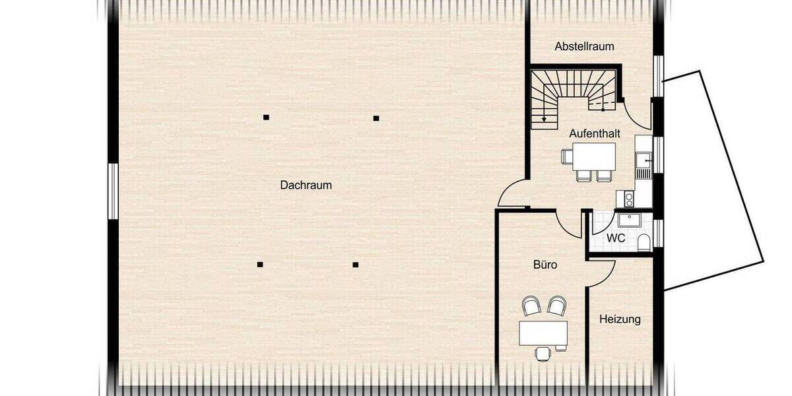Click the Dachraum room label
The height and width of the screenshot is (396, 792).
[x=306, y=185]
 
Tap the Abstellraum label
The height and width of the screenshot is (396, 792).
[x=584, y=46]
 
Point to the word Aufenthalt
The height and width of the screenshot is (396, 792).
[x=595, y=133]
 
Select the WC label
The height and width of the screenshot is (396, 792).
[x=616, y=238]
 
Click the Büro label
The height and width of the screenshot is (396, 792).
[x=545, y=265]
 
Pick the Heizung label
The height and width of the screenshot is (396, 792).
[x=620, y=319]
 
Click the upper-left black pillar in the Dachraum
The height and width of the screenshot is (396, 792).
[x=266, y=117]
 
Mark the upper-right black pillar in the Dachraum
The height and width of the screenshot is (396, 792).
[x=376, y=118]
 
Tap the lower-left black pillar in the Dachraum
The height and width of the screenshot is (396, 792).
[x=260, y=265]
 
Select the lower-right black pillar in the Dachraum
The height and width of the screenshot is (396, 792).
[x=355, y=265]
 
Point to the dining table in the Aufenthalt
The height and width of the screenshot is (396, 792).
[x=594, y=156]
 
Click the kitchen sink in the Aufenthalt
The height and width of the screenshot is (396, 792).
[x=642, y=159]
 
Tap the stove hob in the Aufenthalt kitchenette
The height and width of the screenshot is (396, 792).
[x=624, y=199]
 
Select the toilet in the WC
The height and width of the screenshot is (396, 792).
[x=643, y=244]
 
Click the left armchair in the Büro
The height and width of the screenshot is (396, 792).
[x=531, y=306]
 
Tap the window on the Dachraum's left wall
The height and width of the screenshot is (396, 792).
[x=113, y=191]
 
